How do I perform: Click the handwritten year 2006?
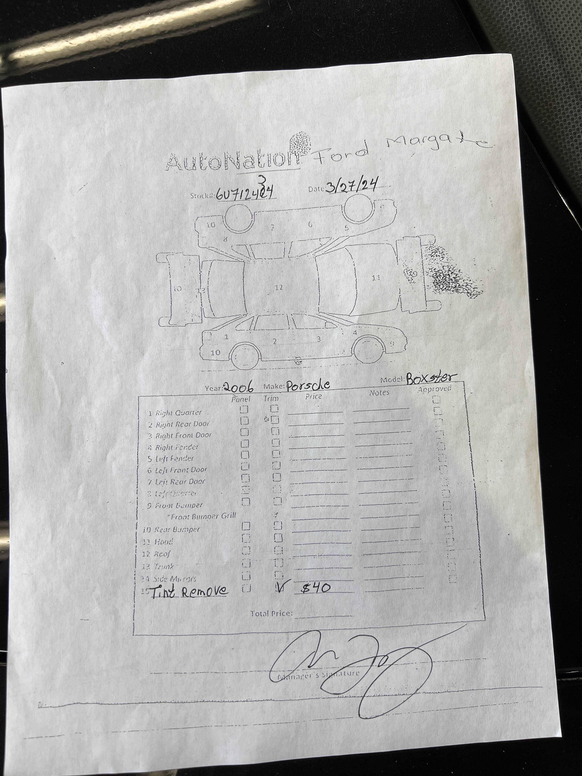(238, 387)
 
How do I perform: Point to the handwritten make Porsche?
(308, 385)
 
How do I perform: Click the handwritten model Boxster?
(431, 379)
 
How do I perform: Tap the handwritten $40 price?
(316, 588)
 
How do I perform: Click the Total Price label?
(271, 613)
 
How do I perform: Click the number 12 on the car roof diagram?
(279, 287)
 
